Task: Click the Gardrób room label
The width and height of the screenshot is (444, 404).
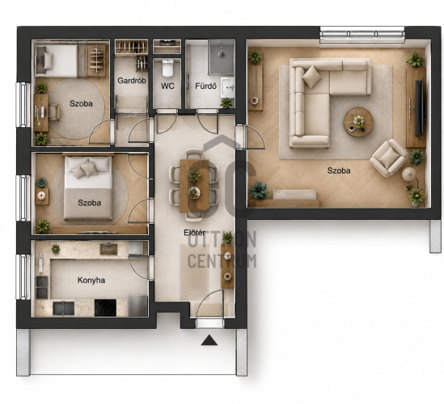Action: tap(132, 81)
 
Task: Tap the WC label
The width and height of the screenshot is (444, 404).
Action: tap(167, 86)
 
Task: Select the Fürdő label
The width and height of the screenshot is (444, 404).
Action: tap(206, 86)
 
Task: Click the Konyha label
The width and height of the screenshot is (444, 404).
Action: tap(91, 280)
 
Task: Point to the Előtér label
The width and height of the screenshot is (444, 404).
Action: tap(195, 233)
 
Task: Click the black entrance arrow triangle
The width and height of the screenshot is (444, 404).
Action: tap(209, 340)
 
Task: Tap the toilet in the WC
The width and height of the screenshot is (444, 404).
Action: tap(167, 68)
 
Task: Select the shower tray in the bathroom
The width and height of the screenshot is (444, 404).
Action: tap(221, 57)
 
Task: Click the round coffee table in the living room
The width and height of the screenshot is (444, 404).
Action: tap(358, 122)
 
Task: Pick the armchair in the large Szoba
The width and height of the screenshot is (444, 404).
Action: tap(389, 158)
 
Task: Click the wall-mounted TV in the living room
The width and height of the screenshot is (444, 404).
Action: tap(420, 107)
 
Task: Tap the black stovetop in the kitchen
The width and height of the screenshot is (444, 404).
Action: tap(105, 308)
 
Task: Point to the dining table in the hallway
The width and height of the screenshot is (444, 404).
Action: tap(195, 186)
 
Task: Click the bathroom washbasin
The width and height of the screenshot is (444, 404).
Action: tap(228, 88)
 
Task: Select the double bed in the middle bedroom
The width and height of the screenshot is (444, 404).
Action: tap(88, 187)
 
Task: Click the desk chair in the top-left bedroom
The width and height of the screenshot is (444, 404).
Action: tap(54, 112)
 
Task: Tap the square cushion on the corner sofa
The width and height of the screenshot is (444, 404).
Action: tap(311, 77)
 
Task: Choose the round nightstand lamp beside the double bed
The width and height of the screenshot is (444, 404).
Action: tap(41, 195)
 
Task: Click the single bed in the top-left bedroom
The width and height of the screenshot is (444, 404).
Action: tap(57, 61)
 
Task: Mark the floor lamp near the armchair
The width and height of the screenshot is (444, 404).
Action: tap(408, 174)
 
